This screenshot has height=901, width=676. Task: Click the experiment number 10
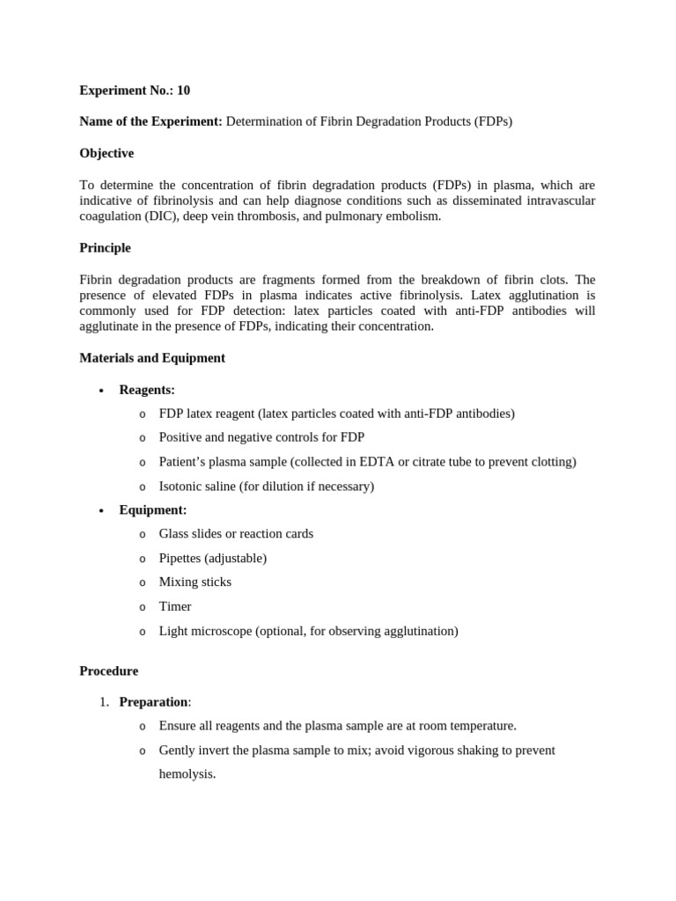click(183, 90)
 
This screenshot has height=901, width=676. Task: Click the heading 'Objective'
click(107, 153)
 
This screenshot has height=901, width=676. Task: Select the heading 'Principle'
click(105, 248)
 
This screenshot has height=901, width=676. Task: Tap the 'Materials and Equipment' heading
click(152, 358)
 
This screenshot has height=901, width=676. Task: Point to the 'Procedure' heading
click(108, 670)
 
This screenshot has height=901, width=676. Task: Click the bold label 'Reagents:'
click(147, 390)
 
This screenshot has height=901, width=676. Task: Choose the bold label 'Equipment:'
click(153, 509)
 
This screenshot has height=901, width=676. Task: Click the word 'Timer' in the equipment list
click(174, 606)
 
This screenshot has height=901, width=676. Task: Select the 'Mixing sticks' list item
click(195, 582)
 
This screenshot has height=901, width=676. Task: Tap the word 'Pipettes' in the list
click(180, 558)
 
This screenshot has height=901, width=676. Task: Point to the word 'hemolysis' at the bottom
click(186, 774)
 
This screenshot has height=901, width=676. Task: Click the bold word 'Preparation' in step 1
click(153, 701)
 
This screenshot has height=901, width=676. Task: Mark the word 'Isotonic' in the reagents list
click(181, 486)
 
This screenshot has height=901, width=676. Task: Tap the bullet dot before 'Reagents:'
click(102, 391)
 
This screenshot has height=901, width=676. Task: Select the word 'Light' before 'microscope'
click(173, 631)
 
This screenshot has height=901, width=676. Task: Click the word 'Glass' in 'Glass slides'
click(174, 533)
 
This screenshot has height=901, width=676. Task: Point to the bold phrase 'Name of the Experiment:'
click(151, 121)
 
